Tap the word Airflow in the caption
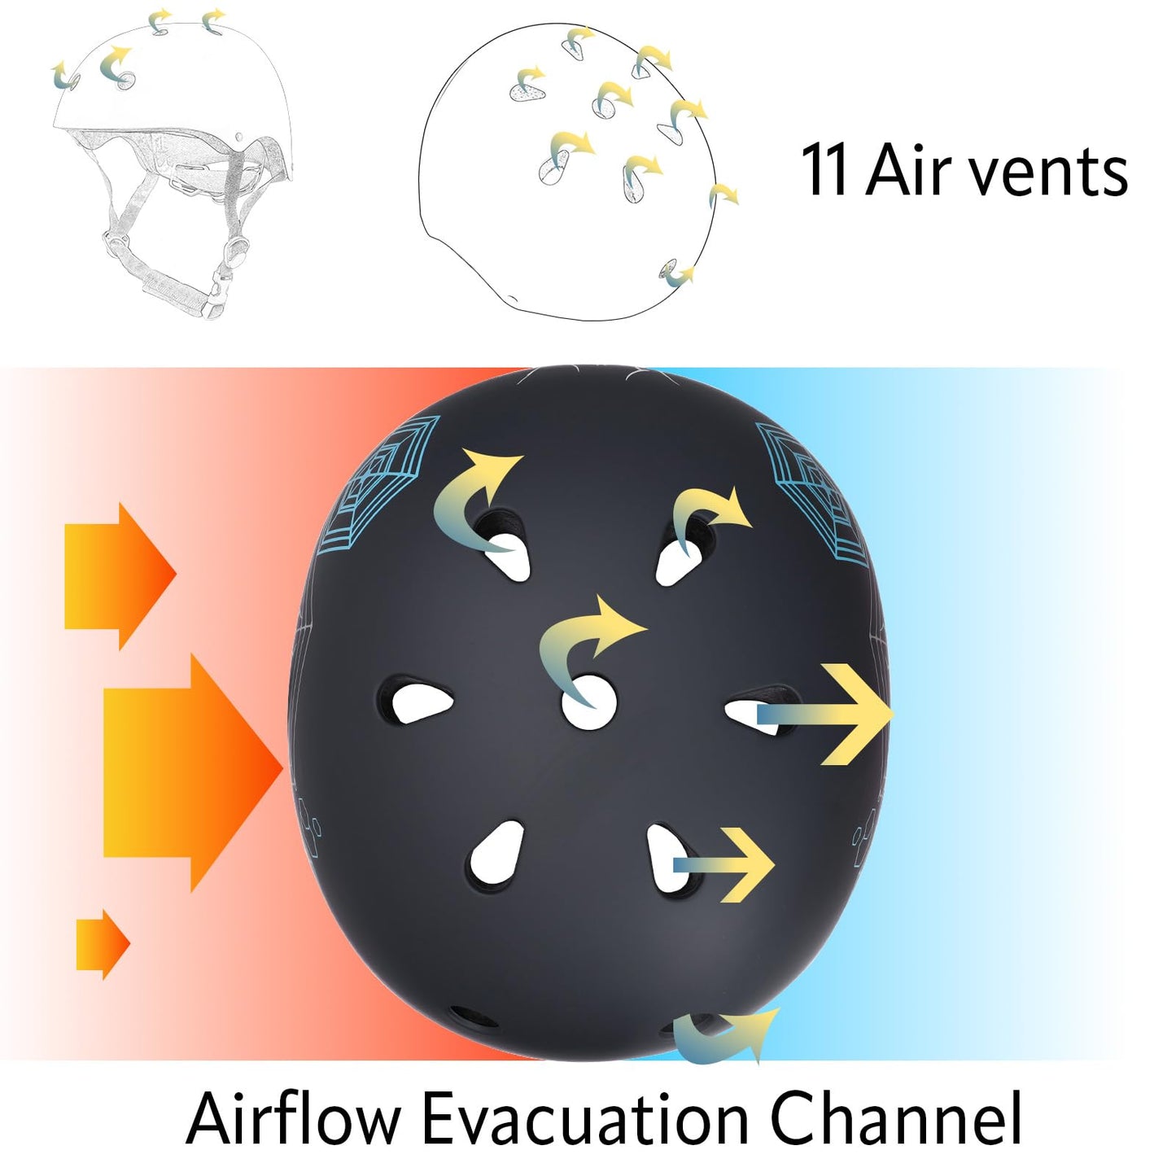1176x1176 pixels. pyautogui.click(x=294, y=1119)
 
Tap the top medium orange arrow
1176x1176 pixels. pyautogui.click(x=119, y=576)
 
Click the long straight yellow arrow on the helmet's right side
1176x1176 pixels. pyautogui.click(x=838, y=714)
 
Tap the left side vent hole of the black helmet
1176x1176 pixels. pyautogui.click(x=418, y=701)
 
